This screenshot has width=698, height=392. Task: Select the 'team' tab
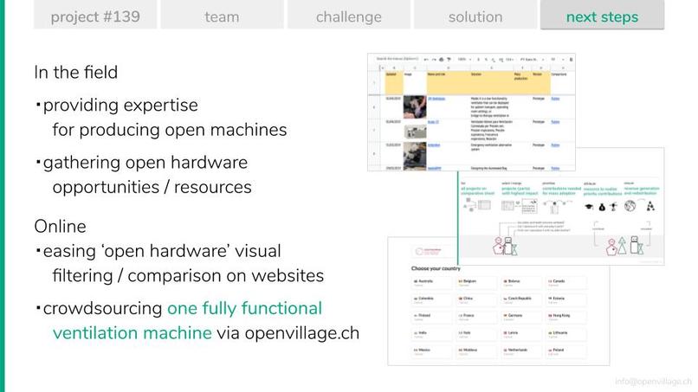pos(223,16)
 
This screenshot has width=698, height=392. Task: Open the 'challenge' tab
pos(348,16)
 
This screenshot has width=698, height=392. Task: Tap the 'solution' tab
pos(475,16)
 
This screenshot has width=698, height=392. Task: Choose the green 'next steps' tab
pos(602,16)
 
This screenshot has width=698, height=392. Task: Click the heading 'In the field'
pos(75,73)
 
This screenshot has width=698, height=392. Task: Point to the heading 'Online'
pos(60,227)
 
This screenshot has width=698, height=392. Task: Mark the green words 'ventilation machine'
pos(132,333)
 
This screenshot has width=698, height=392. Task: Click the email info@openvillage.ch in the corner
pos(653,382)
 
